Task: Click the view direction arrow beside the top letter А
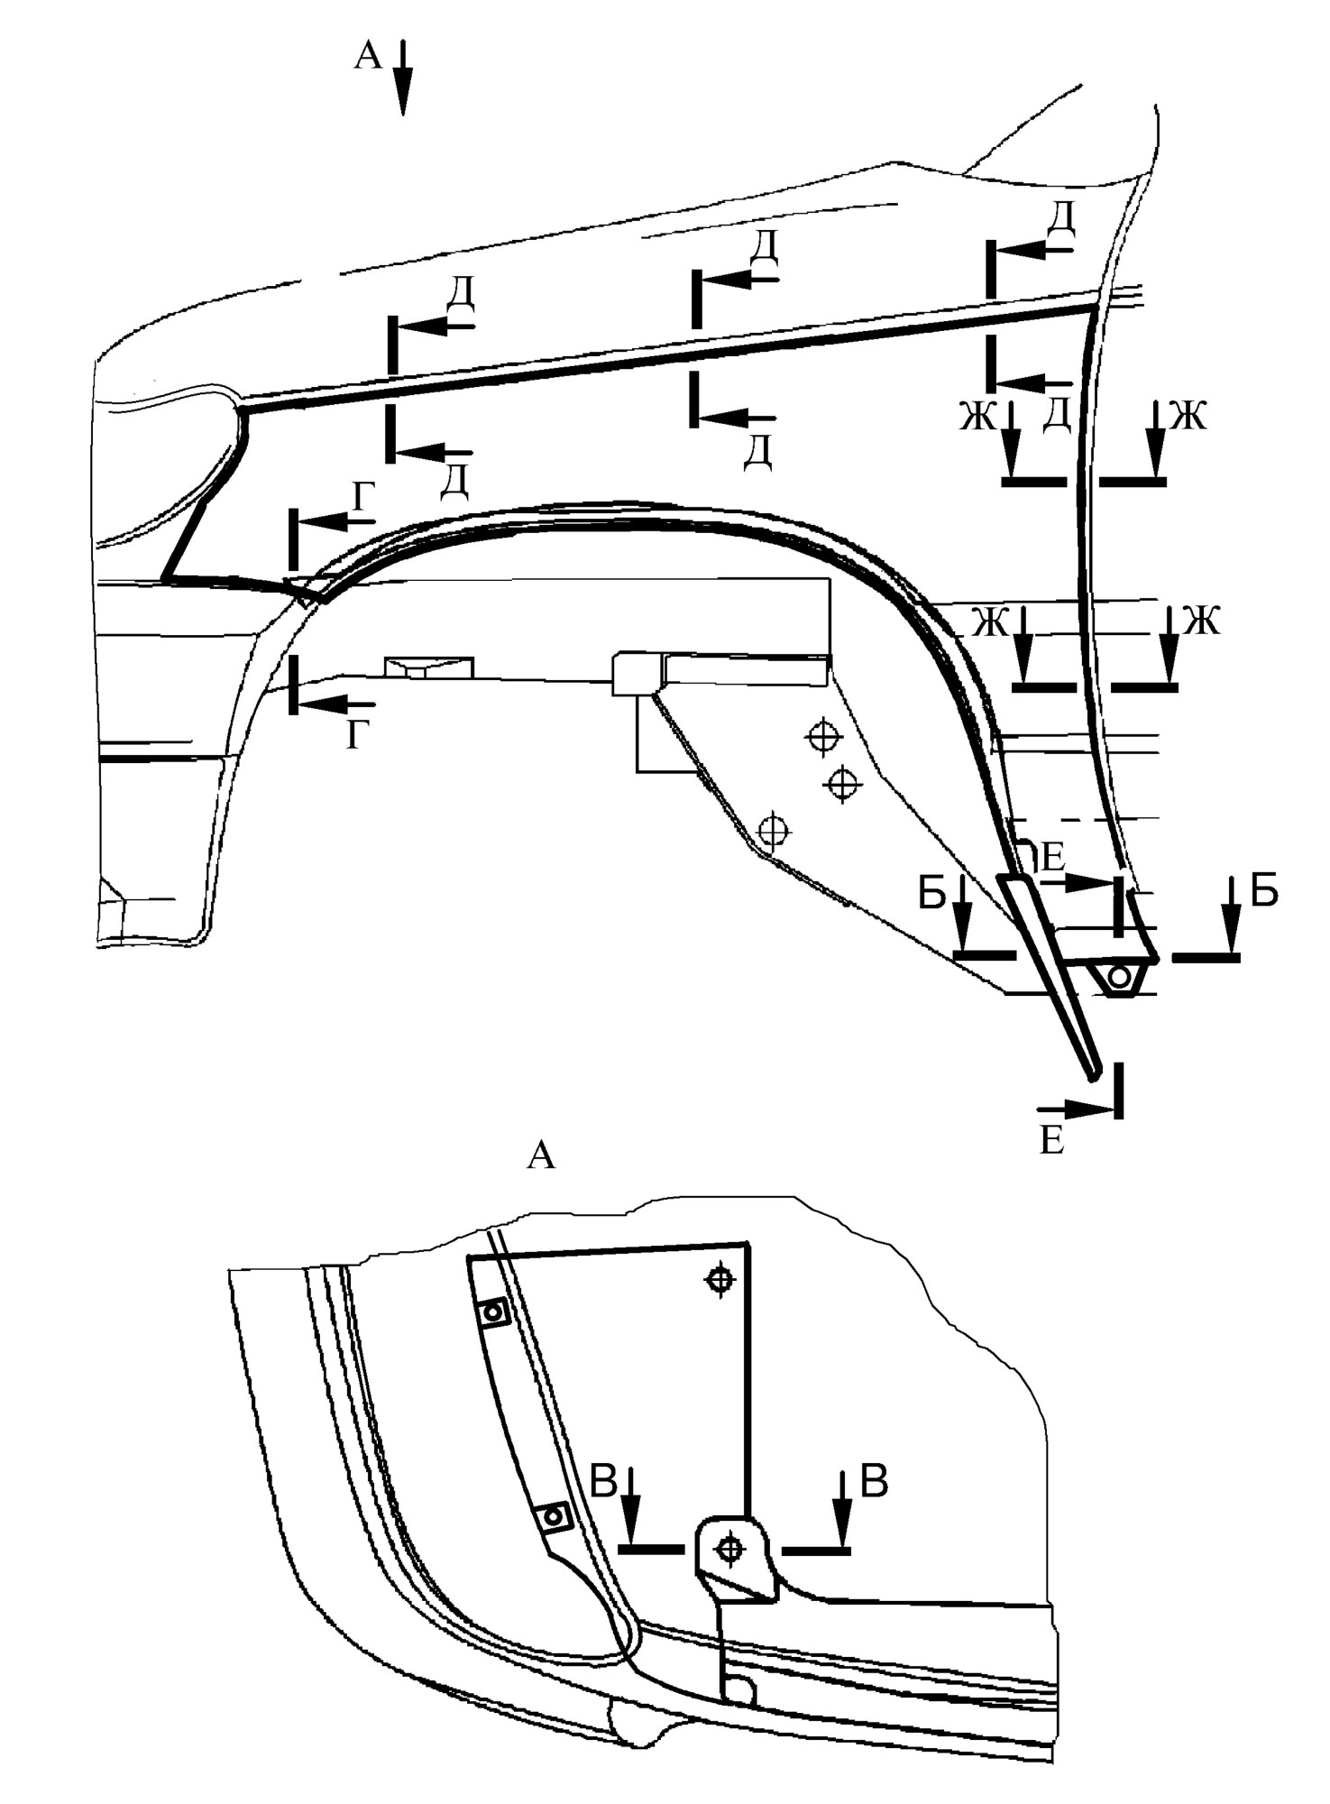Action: [x=402, y=78]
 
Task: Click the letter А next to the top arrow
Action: [x=369, y=56]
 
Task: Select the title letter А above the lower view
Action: [x=540, y=1155]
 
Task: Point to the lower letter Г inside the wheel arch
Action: [x=358, y=736]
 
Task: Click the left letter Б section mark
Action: [x=931, y=892]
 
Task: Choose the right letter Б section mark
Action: [x=1265, y=891]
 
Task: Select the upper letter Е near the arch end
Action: [x=1052, y=854]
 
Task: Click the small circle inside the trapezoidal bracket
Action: [x=1119, y=976]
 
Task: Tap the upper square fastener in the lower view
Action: [x=492, y=1313]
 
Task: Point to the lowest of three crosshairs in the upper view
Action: [x=774, y=829]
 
